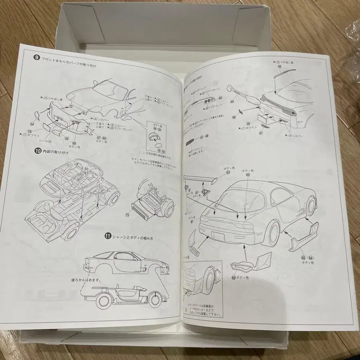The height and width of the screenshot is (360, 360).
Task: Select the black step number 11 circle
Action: pyautogui.click(x=96, y=236)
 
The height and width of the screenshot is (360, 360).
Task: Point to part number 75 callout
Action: pyautogui.click(x=30, y=131)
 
